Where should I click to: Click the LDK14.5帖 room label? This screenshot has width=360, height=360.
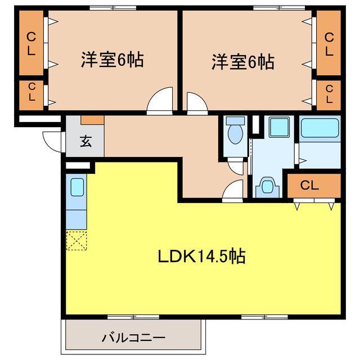point(200,257)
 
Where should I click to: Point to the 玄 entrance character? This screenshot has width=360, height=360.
point(85,141)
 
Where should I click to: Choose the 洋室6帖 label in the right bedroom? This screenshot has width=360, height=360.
point(242,61)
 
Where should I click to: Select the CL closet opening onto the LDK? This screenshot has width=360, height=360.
point(313,185)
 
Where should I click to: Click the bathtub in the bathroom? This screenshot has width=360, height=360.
point(319,128)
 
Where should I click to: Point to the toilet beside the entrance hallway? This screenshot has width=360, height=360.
point(235,133)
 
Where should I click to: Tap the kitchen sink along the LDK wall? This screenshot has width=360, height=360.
point(76,186)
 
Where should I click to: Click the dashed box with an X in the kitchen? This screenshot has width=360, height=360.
point(76,240)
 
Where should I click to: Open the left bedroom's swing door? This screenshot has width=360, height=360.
point(160,101)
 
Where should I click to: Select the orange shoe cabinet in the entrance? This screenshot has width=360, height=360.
point(92,120)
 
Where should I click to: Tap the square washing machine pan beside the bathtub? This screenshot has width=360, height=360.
point(277,127)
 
